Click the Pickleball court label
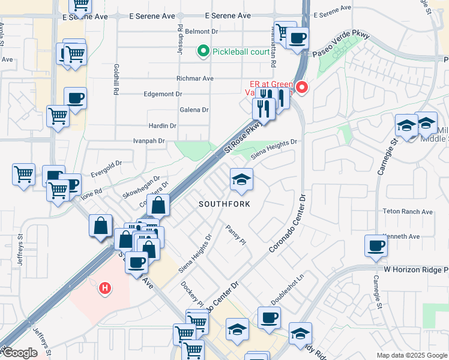(241, 52)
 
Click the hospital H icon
(106, 289)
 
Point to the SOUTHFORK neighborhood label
(224, 204)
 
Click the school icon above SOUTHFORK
(241, 179)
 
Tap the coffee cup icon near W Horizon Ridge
(376, 246)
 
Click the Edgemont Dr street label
(163, 94)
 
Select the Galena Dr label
(194, 110)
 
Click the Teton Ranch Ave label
(408, 212)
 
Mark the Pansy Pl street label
(236, 235)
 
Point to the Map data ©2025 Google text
(411, 355)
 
